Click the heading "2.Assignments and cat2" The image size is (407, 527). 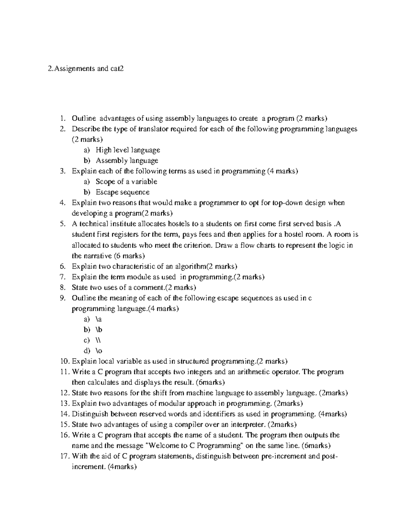[86, 69]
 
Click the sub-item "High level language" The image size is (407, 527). [128, 150]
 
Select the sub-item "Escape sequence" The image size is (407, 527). [122, 192]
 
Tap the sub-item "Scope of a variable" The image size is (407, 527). [126, 182]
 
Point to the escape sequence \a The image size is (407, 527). [99, 319]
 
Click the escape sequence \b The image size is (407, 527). [99, 330]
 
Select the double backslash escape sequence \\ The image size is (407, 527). [98, 340]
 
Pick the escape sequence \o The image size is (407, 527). [99, 351]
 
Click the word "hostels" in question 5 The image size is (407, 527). [179, 224]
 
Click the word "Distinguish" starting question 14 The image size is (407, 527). [90, 414]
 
